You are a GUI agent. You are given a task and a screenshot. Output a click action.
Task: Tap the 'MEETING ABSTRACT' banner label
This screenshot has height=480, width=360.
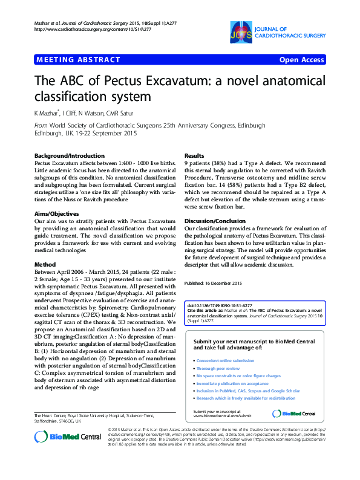[68, 60]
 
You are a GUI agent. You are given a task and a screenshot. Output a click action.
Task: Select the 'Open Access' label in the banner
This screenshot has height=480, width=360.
[301, 60]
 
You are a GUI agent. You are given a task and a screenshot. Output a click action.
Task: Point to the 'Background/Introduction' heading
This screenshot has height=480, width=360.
[70, 156]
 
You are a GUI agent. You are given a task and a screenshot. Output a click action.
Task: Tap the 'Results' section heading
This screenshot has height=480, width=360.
[194, 156]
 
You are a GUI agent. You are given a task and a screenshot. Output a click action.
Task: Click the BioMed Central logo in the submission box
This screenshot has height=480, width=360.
[294, 414]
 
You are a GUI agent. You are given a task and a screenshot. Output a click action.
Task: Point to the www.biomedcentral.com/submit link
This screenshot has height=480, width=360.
[222, 417]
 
